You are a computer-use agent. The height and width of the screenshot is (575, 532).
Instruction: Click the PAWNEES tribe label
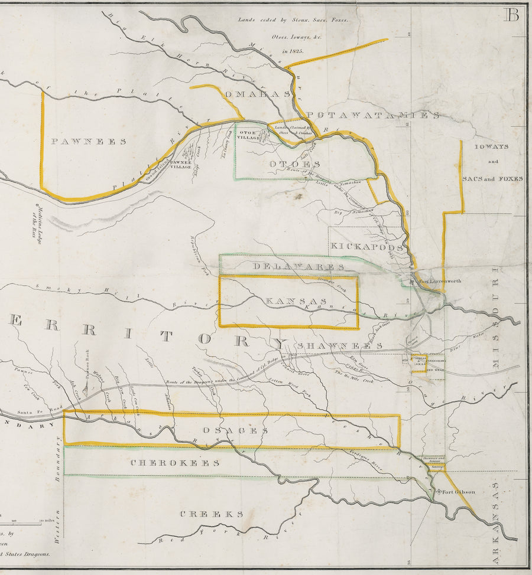[88, 142]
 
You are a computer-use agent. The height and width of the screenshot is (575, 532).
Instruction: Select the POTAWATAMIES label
[373, 115]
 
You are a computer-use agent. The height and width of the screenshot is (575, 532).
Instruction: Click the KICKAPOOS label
[366, 246]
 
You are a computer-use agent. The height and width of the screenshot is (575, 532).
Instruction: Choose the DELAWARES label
[299, 267]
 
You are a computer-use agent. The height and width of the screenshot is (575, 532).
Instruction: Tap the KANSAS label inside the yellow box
[288, 302]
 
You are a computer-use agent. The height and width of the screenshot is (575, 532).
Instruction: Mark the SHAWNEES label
[340, 345]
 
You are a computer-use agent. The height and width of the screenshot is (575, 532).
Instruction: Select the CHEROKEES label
[175, 463]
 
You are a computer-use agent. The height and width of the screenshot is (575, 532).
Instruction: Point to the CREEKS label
[212, 514]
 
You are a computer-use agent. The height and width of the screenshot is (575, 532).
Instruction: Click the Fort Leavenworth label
[440, 282]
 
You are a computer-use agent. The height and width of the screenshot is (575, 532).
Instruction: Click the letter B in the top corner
[511, 16]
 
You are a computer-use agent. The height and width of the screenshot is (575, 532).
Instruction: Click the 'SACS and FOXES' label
[492, 178]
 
